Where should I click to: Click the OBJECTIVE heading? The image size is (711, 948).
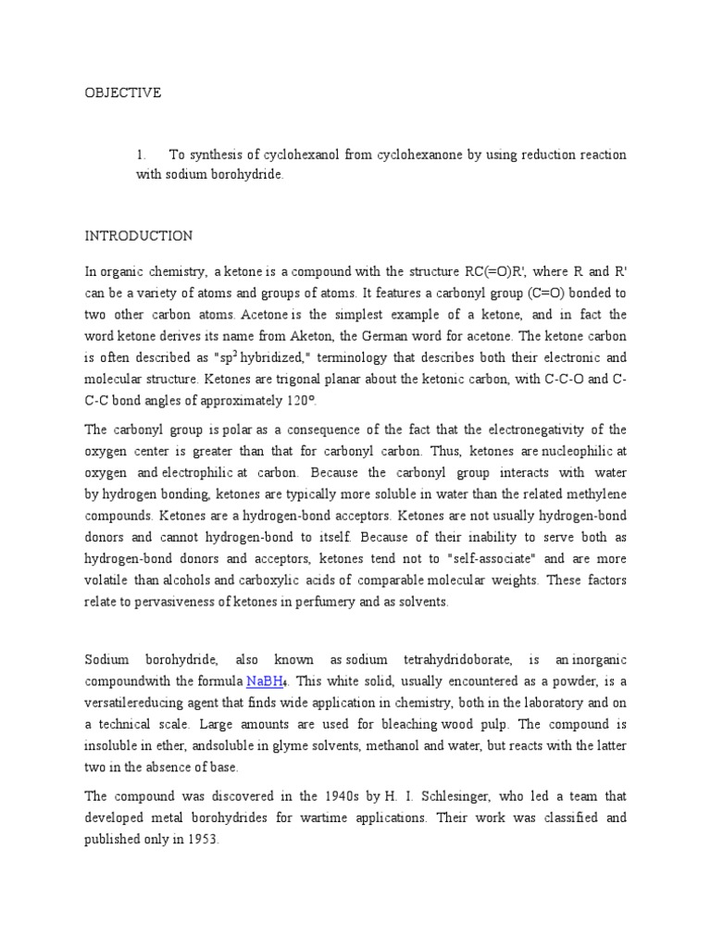tap(123, 93)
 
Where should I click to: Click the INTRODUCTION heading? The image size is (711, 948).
tap(139, 236)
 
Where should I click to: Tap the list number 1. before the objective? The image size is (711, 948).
tap(142, 155)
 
